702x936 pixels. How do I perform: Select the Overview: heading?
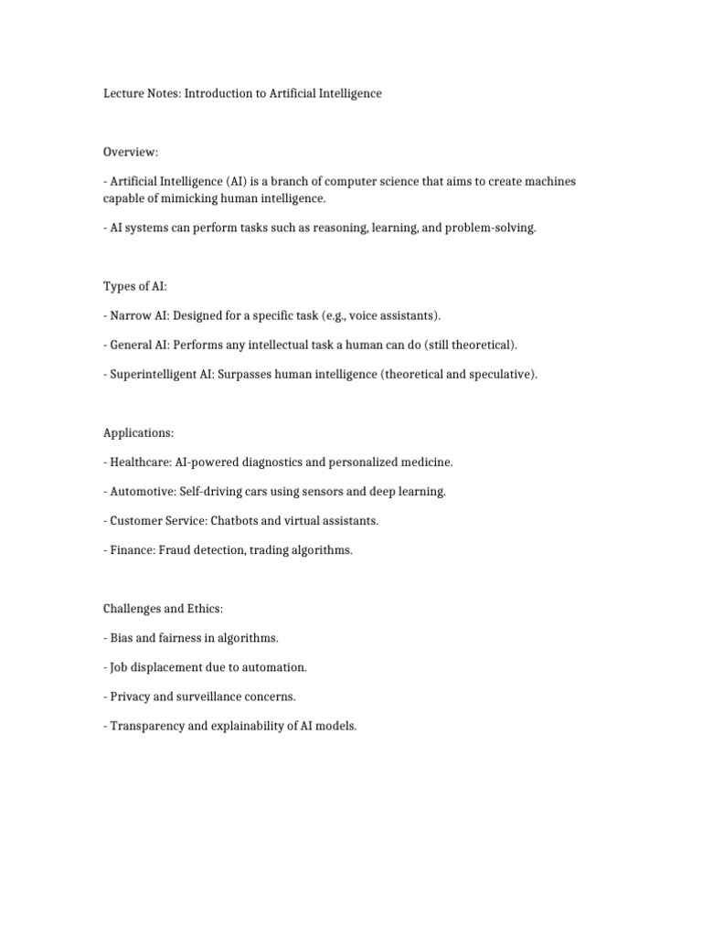coord(131,153)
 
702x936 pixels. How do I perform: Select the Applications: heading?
coord(138,432)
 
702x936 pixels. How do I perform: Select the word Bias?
coord(122,637)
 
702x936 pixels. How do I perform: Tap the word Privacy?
coord(130,696)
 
